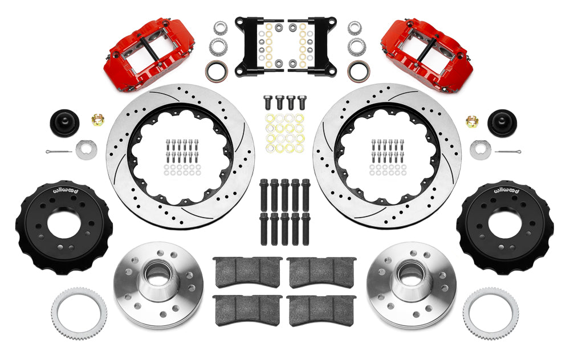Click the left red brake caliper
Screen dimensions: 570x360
tap(149, 55)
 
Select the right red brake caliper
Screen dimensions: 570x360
tap(427, 55)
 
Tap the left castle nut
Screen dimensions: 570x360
tap(98, 119)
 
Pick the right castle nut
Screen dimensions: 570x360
tap(472, 121)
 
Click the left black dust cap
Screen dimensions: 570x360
tap(64, 123)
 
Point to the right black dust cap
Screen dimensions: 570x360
tap(502, 123)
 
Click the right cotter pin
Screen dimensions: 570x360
tap(508, 151)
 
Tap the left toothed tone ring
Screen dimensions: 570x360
tap(79, 313)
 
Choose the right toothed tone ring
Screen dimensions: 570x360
tap(490, 313)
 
